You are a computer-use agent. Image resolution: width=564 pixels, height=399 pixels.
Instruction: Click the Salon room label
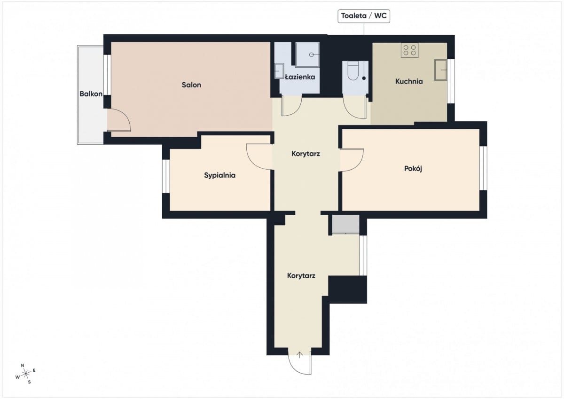coord(191,85)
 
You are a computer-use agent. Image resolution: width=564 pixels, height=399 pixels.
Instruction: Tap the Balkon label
coord(91,94)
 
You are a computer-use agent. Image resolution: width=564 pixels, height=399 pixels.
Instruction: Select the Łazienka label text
coord(300,77)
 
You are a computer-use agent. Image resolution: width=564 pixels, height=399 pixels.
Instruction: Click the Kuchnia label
coord(409,81)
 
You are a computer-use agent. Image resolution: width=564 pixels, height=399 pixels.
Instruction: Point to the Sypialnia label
coord(220,175)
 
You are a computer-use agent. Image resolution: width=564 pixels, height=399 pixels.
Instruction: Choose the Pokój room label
coord(413,168)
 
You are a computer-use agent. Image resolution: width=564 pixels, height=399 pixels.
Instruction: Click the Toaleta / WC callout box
coord(364,16)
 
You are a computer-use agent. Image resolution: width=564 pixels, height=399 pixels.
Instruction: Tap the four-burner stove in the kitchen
coord(410,50)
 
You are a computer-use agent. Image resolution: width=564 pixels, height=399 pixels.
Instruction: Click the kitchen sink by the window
coord(441,70)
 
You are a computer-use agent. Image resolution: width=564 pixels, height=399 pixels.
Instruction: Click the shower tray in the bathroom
coord(307,55)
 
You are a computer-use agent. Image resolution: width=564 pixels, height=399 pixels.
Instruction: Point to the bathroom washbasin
coord(279,71)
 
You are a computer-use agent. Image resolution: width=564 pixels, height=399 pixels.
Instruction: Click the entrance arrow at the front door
coord(299,355)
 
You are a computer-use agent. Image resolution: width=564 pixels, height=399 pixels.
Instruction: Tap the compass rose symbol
coord(25,374)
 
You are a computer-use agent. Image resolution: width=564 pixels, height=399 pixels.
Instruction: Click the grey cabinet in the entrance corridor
coord(346,224)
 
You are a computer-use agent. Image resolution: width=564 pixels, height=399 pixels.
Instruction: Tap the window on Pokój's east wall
coord(483,168)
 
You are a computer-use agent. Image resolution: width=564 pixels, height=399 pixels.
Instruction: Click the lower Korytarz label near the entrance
coord(301,276)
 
